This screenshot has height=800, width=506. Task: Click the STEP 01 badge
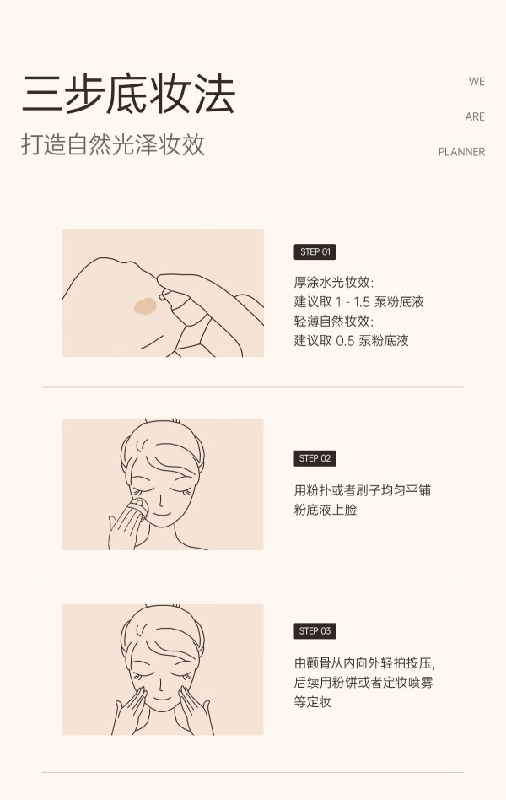point(315,252)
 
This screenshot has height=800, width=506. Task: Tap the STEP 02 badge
point(315,458)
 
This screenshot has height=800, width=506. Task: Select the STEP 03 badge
point(315,631)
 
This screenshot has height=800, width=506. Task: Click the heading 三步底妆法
point(128,95)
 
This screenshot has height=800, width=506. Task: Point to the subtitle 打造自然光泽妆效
point(113,144)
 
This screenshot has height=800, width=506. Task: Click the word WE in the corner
point(476,82)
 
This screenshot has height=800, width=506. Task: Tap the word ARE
point(475,116)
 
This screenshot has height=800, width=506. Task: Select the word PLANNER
point(461,152)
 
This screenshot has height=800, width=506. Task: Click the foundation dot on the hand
point(145,305)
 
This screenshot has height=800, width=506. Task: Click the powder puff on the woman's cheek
point(139,509)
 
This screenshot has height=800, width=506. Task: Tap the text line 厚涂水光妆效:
point(334,282)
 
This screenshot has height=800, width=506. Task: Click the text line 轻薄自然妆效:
point(334,321)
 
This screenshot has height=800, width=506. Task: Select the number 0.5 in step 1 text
point(345,341)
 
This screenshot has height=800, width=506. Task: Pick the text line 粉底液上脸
point(325,510)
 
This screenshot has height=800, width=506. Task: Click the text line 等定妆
point(312,702)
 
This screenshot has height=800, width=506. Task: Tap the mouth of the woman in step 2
point(161,512)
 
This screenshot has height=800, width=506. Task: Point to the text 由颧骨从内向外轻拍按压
point(363,663)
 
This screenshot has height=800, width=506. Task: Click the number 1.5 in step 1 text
point(362,302)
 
